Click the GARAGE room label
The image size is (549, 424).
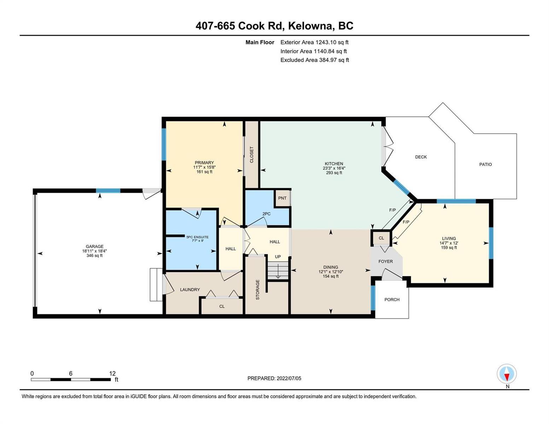94,246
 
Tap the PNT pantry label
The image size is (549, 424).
282,198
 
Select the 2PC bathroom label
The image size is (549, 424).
266,214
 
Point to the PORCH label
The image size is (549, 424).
392,300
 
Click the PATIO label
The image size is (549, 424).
485,164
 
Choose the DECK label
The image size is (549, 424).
421,157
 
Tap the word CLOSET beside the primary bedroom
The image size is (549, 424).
251,154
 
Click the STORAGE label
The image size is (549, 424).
257,290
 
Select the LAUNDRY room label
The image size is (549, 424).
190,290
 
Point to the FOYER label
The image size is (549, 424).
386,261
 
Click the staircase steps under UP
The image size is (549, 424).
278,270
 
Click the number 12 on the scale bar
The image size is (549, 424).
112,373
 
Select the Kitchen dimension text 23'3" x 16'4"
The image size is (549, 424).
334,168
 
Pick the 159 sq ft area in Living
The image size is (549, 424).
449,247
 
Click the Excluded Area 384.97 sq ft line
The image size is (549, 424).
315,60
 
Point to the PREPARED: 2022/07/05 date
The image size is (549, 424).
274,378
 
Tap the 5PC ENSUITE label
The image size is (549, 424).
198,237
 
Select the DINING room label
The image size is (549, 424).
331,267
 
